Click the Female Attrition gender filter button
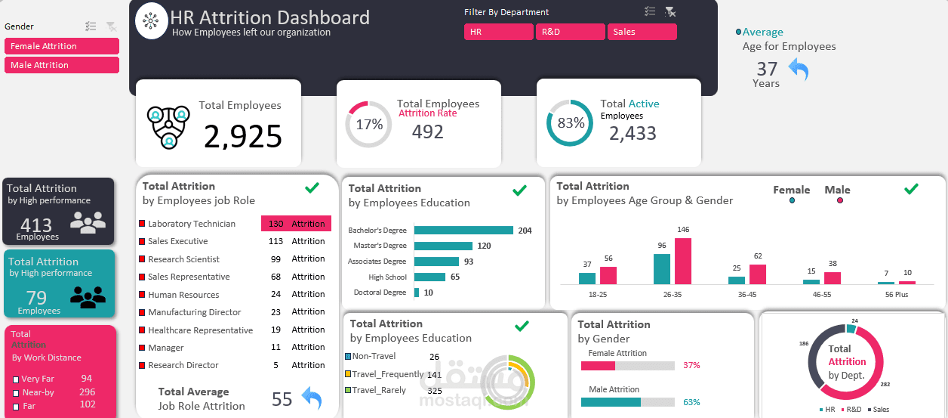click(x=61, y=46)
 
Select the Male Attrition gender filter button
click(x=61, y=65)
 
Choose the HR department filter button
click(x=498, y=32)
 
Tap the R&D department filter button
click(x=570, y=32)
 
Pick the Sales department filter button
click(x=642, y=32)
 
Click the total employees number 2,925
click(x=243, y=137)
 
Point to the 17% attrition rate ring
click(x=368, y=125)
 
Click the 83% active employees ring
click(x=571, y=123)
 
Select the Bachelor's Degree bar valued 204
click(x=463, y=231)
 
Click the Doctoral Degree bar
click(x=418, y=293)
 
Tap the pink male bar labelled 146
click(x=682, y=261)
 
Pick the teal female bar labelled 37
click(x=586, y=278)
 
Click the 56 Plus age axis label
click(x=896, y=295)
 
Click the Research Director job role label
click(x=183, y=365)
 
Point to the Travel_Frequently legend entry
click(x=387, y=373)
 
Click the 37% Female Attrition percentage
click(x=691, y=366)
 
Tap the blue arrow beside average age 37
click(x=799, y=70)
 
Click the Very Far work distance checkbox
click(x=16, y=379)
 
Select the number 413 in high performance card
click(x=36, y=224)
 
